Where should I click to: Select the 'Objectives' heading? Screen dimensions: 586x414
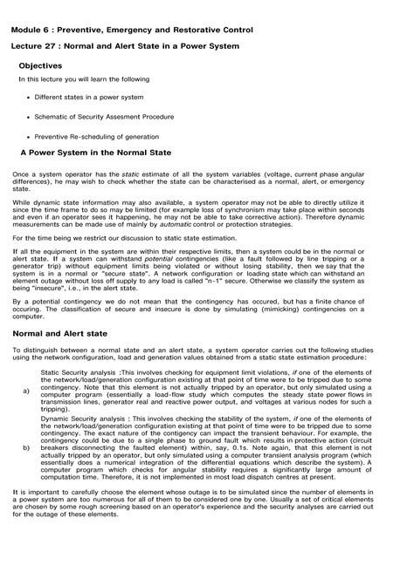[x=40, y=66]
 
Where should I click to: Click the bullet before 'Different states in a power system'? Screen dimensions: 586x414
[x=30, y=97]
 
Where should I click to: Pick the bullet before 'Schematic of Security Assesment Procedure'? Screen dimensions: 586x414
[x=30, y=116]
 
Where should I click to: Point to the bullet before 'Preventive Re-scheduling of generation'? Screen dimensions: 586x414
[x=30, y=136]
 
